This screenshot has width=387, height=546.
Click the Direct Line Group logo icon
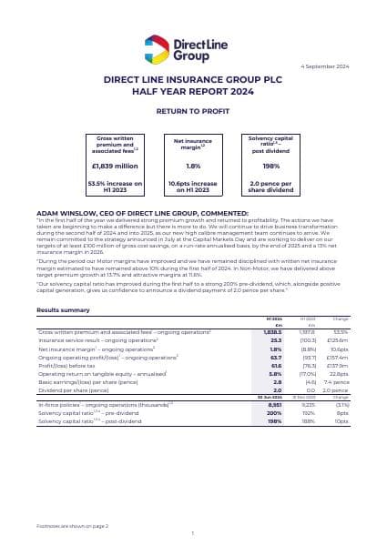click(x=157, y=46)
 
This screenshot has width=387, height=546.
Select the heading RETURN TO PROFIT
click(x=193, y=110)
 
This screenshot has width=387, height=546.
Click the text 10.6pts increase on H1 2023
click(x=193, y=187)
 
